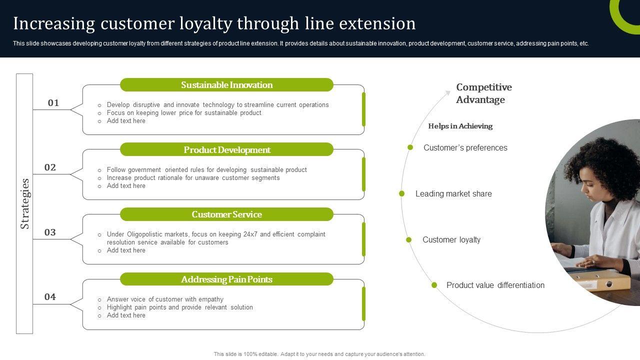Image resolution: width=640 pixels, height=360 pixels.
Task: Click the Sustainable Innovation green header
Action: (226, 85)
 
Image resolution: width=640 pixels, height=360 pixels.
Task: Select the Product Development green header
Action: (226, 149)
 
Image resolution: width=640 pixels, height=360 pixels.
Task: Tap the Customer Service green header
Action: (226, 214)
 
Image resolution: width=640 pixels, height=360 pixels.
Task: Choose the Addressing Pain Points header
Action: (226, 279)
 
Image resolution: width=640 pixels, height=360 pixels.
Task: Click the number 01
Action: (53, 103)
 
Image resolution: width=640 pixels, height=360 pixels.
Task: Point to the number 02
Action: (50, 167)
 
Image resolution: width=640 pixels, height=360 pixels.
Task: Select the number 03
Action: (50, 232)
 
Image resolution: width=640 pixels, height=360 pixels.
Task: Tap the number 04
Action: (50, 297)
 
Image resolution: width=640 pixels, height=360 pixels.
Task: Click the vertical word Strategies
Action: (25, 203)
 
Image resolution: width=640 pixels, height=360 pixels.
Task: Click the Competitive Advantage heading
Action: (483, 93)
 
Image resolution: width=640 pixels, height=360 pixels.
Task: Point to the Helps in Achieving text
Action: (460, 126)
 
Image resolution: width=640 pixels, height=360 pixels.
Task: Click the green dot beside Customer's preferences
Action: (410, 147)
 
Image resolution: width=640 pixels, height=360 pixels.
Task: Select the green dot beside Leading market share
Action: (402, 193)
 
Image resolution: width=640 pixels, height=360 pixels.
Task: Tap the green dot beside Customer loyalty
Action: (409, 240)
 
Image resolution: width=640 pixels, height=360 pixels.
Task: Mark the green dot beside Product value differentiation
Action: (434, 285)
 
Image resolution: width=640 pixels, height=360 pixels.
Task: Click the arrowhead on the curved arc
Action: (448, 92)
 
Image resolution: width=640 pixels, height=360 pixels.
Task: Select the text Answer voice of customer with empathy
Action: (165, 299)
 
